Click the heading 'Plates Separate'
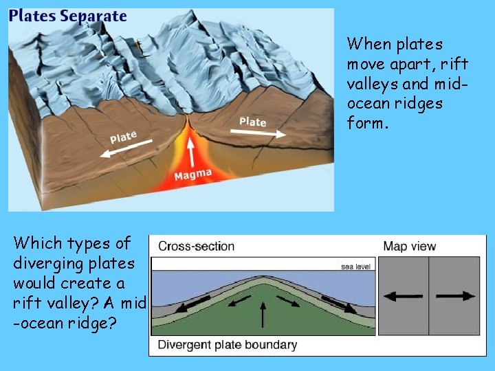(68, 16)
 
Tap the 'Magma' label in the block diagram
(192, 176)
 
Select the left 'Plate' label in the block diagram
(123, 137)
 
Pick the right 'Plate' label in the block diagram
(252, 122)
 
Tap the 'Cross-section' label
(196, 246)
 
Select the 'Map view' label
(409, 246)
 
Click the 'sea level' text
(357, 267)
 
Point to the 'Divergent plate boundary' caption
(228, 344)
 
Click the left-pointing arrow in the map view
(403, 296)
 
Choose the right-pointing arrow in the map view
(456, 296)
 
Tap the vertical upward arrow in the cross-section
(263, 316)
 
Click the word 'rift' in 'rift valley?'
(30, 303)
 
